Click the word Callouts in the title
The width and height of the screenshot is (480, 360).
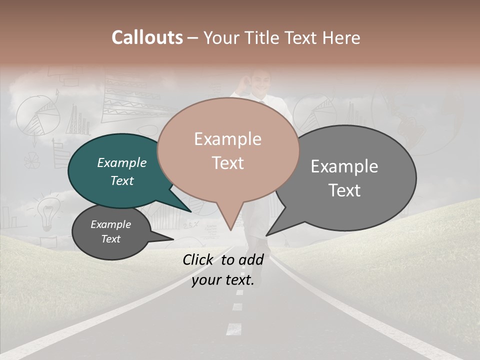tap(147, 37)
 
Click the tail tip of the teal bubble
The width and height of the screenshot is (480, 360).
tap(191, 212)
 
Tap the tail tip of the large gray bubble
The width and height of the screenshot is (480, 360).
tap(266, 235)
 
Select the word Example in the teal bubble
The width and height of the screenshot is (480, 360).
tap(121, 163)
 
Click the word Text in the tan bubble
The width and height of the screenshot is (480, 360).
tap(228, 163)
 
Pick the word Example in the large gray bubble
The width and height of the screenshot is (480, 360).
tap(344, 166)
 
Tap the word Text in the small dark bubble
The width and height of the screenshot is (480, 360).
tap(111, 239)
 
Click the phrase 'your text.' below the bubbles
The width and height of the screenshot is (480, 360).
tap(223, 280)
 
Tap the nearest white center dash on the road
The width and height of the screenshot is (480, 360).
tap(234, 328)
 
